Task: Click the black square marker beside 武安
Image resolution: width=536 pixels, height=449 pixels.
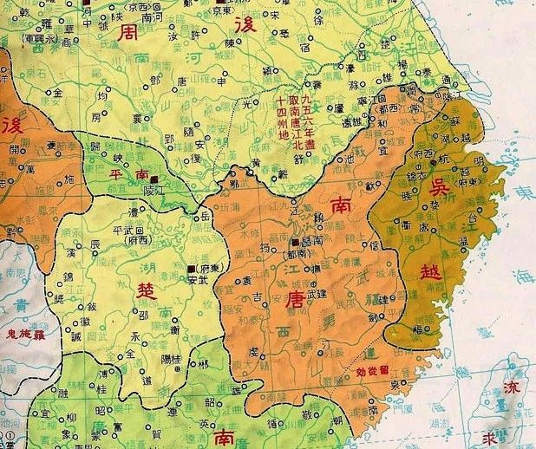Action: pos(190,270)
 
